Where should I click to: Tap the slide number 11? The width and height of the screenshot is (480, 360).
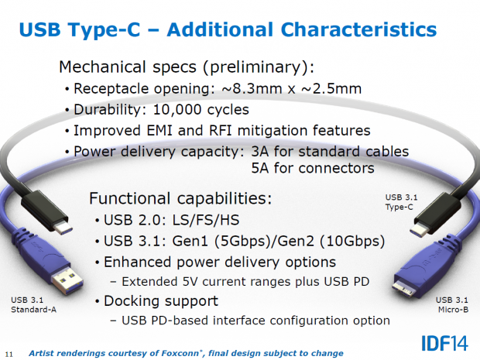tap(9, 353)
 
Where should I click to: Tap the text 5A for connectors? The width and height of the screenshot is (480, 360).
tap(313, 167)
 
